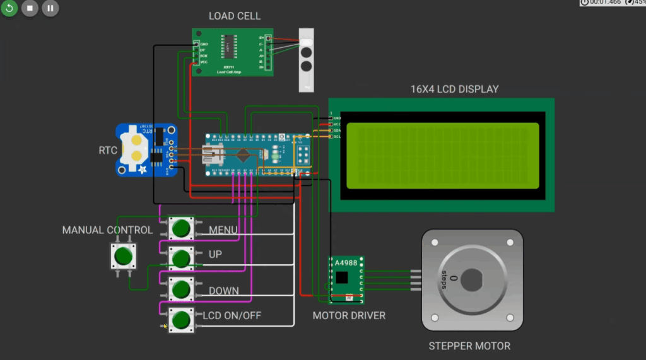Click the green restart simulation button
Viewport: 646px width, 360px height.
(9, 9)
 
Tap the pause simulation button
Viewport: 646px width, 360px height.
(50, 9)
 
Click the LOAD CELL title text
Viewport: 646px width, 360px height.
(234, 16)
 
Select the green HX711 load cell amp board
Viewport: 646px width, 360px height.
(232, 52)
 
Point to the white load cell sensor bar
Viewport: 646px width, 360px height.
(306, 60)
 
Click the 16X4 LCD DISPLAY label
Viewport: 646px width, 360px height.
(454, 89)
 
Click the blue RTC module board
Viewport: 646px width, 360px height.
(146, 149)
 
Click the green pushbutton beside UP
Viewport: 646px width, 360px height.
(181, 257)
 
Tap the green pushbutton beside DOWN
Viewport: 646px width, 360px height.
(181, 289)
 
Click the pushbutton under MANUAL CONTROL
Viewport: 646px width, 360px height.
(123, 256)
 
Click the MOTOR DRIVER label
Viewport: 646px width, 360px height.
(349, 315)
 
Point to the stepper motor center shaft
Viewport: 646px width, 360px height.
(473, 279)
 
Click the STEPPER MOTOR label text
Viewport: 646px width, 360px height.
(469, 345)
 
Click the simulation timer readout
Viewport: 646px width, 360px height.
(605, 3)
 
